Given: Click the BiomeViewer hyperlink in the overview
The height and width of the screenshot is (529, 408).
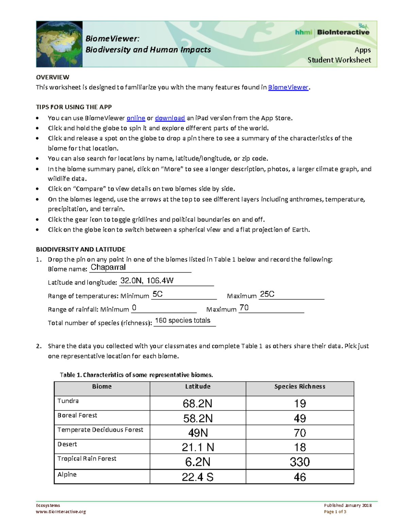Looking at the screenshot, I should [x=288, y=88].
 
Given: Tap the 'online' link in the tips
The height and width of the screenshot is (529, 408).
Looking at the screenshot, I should [x=136, y=118].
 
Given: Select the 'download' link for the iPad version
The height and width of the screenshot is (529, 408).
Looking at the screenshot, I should [x=170, y=118].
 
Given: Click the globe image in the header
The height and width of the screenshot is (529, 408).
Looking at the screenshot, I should [x=60, y=44].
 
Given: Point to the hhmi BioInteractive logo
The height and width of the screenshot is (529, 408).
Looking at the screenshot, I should [x=332, y=32].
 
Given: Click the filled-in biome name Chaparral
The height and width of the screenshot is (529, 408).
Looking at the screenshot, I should [x=108, y=267].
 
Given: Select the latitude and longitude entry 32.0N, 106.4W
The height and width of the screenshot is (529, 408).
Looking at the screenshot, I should [x=147, y=281].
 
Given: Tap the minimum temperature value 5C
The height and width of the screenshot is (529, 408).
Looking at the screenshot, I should [x=157, y=294].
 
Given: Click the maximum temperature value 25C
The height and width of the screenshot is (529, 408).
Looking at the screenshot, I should [x=267, y=294].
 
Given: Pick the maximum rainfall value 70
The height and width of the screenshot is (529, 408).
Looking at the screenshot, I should [x=244, y=308].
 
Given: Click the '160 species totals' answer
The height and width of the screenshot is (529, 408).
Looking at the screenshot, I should [x=183, y=321].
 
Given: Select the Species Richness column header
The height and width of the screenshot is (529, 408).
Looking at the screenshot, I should [x=300, y=387].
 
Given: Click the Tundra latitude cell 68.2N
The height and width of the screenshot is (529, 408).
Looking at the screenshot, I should [x=198, y=404].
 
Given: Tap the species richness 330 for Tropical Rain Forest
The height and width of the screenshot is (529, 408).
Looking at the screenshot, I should [x=300, y=462].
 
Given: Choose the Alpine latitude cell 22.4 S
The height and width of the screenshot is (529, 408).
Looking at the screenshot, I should [x=198, y=477].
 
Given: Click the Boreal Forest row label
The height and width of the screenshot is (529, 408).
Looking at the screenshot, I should [x=77, y=416].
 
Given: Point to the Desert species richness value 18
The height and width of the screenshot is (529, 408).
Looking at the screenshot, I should [x=300, y=447].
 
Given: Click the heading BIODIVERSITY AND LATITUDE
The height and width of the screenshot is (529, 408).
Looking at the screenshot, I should [x=81, y=249].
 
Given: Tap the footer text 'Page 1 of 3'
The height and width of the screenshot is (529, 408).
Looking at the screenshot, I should [x=335, y=512].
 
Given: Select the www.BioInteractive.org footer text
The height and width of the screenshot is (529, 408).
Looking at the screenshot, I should [x=61, y=512].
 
